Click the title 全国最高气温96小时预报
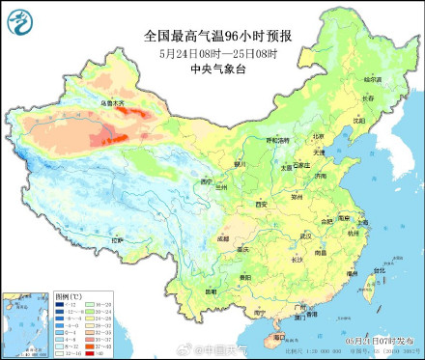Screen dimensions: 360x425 pyautogui.click(x=217, y=36)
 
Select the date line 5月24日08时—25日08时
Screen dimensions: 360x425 pyautogui.click(x=217, y=52)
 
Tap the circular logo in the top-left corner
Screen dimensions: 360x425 pyautogui.click(x=19, y=19)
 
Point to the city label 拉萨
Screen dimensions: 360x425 pyautogui.click(x=118, y=238)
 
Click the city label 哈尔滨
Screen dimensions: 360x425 pyautogui.click(x=373, y=78)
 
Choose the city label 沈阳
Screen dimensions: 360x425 pyautogui.click(x=360, y=122)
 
